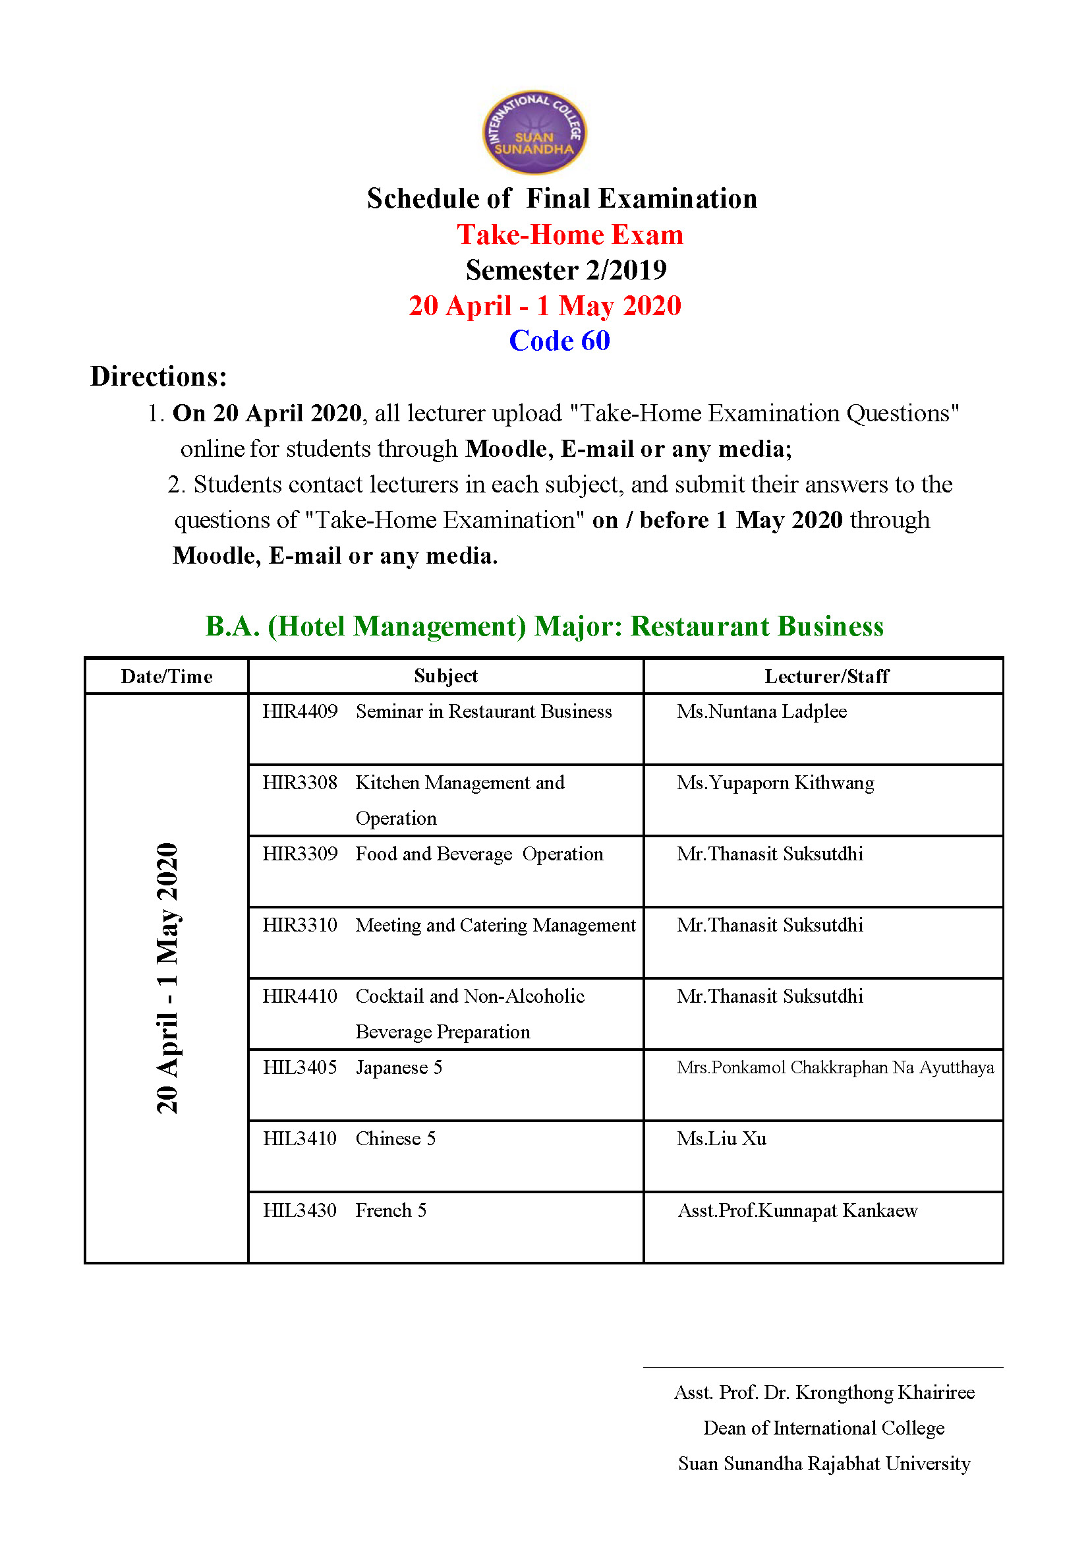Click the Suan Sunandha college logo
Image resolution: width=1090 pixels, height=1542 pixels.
[x=534, y=133]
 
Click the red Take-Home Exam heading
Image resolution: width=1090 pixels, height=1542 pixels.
[x=570, y=235]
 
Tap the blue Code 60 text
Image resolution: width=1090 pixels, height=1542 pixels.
[x=559, y=340]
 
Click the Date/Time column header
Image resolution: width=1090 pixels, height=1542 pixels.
[x=167, y=676]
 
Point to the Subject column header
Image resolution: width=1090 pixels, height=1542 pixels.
[x=445, y=676]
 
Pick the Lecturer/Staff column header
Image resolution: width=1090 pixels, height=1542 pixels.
[x=826, y=676]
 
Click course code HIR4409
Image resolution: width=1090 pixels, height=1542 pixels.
[x=300, y=711]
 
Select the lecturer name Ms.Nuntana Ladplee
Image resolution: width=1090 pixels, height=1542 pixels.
[x=761, y=711]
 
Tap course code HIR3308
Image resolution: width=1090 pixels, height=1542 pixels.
[x=300, y=783]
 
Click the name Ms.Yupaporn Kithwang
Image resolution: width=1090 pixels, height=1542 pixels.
[x=775, y=783]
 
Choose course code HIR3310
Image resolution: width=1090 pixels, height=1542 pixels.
[x=300, y=925]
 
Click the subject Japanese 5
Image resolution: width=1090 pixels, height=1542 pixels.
[x=399, y=1067]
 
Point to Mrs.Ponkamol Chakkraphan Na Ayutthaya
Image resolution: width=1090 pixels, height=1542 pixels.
[x=835, y=1067]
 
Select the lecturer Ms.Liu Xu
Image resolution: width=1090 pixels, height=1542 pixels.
[x=722, y=1139]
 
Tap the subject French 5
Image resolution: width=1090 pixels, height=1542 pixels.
[x=391, y=1210]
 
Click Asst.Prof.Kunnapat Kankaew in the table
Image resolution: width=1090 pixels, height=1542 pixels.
[x=797, y=1210]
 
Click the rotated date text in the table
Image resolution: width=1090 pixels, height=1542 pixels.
[x=167, y=978]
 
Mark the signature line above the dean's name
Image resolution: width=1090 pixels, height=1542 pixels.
[x=823, y=1367]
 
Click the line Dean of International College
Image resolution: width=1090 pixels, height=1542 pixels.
[x=824, y=1428]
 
